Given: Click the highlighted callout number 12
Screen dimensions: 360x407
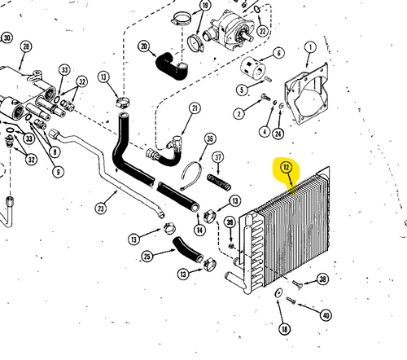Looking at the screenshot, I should point(286,169).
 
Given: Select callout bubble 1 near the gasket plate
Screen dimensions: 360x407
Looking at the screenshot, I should point(309,47).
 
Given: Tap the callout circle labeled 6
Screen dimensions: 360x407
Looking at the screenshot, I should point(278,53).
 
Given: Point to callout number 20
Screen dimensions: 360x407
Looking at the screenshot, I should point(145,46).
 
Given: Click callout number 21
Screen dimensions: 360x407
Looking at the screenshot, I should point(195,108).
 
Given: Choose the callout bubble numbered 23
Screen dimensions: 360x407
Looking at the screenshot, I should point(101,208).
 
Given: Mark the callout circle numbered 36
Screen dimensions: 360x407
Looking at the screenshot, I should point(211,139).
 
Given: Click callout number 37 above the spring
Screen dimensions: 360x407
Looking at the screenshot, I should point(217,157).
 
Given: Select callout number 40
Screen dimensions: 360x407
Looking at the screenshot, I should point(326,315).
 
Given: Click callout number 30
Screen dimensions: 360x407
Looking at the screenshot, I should point(7,38).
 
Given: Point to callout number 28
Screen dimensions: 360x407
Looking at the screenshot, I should point(25,48).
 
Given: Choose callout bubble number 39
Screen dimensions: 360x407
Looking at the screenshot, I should point(230,223).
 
